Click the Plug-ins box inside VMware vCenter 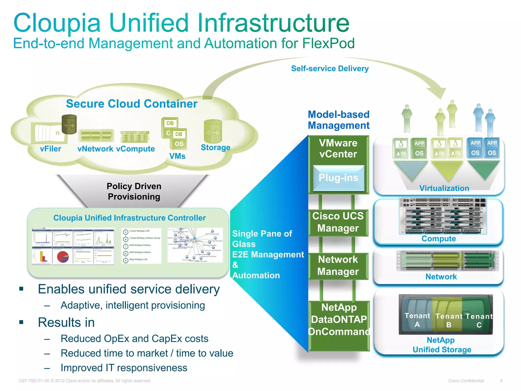pos(338,178)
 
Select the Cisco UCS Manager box pos(338,222)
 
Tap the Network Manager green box pos(338,266)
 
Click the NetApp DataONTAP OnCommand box pos(339,320)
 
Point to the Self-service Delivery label pos(330,68)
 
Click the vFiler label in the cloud pos(50,149)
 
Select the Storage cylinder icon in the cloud pos(213,132)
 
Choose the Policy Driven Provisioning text pos(134,191)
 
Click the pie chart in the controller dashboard pos(63,257)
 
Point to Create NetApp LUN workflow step pos(139,231)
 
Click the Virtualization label pos(444,188)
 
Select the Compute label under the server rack pos(439,239)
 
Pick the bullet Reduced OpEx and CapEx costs pos(134,339)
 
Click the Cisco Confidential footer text pos(466,381)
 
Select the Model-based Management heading pos(338,120)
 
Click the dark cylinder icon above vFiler pos(69,124)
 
